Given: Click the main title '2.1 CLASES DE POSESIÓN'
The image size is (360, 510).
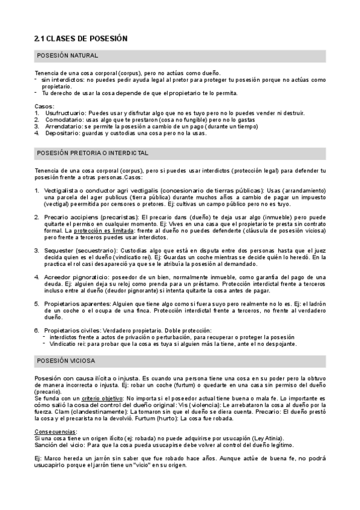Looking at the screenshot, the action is (x=81, y=38).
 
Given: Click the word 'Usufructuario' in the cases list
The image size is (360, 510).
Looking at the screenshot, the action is (x=66, y=112).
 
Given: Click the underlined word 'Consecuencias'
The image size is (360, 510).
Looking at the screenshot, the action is (x=57, y=431).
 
